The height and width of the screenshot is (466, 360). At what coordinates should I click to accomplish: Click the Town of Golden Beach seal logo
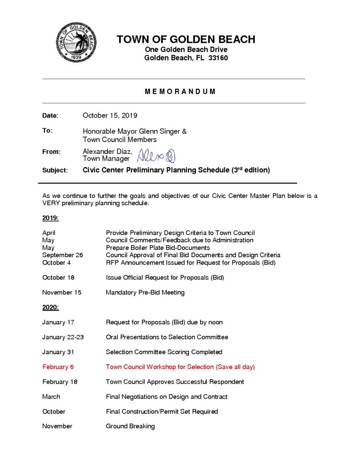tap(76, 42)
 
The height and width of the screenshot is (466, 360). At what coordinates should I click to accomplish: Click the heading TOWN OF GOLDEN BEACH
tap(186, 39)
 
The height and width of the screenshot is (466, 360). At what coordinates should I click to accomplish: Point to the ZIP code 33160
tap(218, 58)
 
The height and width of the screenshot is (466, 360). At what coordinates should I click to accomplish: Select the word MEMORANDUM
tap(180, 91)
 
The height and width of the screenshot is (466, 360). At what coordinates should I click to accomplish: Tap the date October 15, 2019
tap(110, 116)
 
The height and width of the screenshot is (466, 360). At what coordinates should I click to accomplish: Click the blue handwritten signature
tap(156, 156)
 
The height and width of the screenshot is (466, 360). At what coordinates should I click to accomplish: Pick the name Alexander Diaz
tap(107, 151)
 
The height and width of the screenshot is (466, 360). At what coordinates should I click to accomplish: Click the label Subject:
tap(55, 170)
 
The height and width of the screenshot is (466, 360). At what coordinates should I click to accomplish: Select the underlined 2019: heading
tap(51, 218)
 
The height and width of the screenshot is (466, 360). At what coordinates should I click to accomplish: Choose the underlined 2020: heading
tap(51, 307)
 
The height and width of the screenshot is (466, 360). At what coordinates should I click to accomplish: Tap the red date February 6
tap(58, 367)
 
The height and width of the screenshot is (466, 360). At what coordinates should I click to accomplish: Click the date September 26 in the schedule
tap(63, 255)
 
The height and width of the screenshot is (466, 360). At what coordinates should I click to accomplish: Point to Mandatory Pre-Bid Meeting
tap(145, 293)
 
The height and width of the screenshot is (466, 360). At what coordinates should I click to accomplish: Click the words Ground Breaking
tap(130, 426)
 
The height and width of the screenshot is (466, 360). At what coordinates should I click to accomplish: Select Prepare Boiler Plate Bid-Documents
tap(158, 248)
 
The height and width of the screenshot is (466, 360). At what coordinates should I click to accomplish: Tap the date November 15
tap(62, 293)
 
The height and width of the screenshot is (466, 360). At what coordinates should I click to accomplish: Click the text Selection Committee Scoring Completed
tap(164, 352)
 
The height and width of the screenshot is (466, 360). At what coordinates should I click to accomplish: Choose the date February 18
tap(60, 382)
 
